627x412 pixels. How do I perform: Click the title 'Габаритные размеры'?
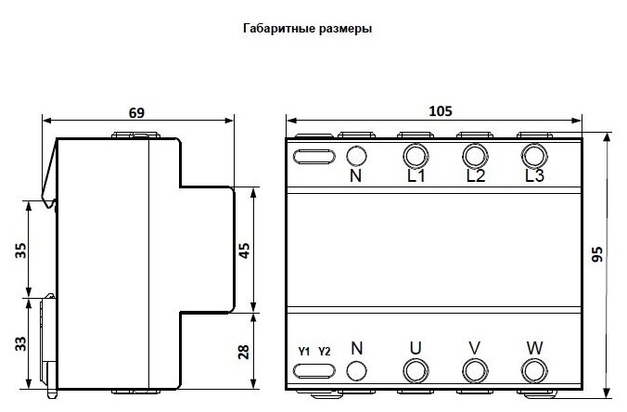tap(306, 29)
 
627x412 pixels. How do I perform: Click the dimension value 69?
tap(135, 112)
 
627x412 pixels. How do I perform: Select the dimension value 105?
tap(441, 111)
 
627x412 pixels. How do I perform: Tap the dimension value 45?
tap(245, 251)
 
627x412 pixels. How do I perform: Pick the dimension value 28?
tap(245, 351)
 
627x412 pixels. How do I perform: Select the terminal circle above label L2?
tap(474, 154)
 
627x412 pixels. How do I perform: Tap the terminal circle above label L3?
tap(533, 154)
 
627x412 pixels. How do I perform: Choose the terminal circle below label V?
tap(474, 370)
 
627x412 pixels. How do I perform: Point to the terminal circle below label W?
tap(533, 370)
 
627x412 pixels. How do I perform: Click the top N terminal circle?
tap(355, 155)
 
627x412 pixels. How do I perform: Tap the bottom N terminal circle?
tap(355, 370)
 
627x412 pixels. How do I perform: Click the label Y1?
tap(304, 351)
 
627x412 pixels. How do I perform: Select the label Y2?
tap(324, 351)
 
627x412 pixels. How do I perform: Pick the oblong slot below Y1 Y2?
tap(314, 370)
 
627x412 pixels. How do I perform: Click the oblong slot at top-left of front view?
tap(314, 156)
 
